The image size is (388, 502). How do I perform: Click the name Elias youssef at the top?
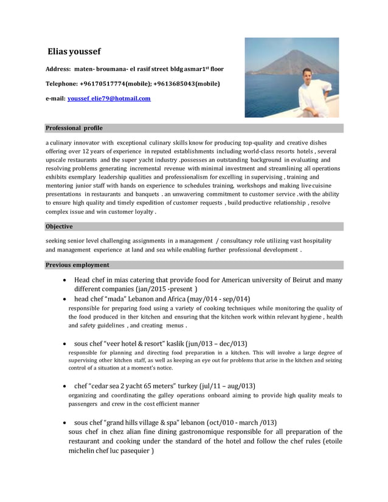tap(76, 52)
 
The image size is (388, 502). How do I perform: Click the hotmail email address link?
tap(109, 98)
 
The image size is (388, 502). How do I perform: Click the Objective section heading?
tap(59, 227)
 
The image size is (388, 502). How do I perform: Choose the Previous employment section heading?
tap(77, 265)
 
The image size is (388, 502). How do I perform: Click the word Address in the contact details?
tap(58, 69)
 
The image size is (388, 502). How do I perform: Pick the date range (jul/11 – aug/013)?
tap(224, 386)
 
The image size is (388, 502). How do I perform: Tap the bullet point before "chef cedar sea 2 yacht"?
tap(65, 387)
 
